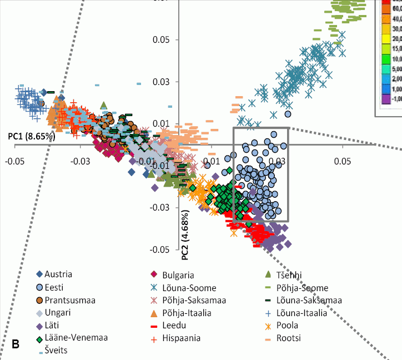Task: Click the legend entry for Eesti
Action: coord(62,287)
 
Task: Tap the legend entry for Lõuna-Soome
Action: coord(189,287)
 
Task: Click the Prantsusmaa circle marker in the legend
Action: coord(40,300)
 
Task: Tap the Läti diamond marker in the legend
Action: coord(40,326)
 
